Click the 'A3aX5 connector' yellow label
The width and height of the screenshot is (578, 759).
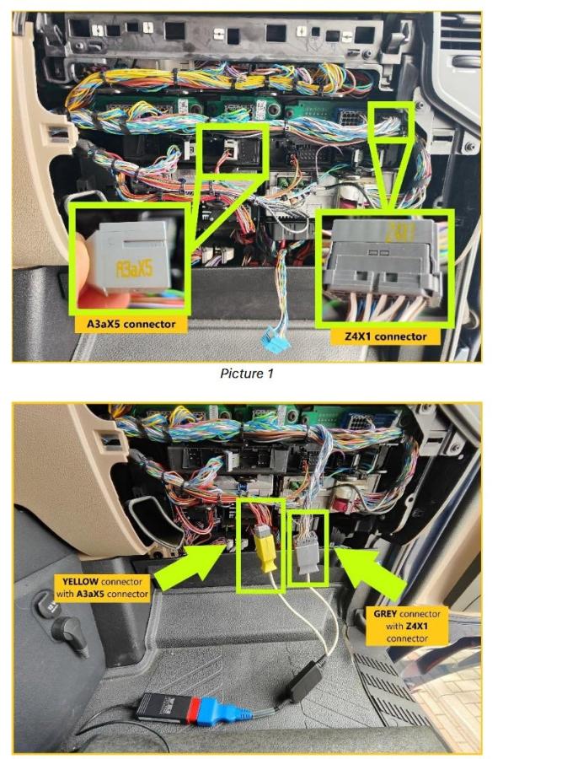[x=131, y=325]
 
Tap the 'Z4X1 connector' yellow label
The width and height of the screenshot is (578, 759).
[x=385, y=336]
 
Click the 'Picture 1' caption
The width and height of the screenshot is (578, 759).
[x=247, y=374]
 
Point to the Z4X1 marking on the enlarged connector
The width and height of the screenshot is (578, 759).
[x=401, y=232]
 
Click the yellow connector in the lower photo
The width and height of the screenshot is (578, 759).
[x=265, y=547]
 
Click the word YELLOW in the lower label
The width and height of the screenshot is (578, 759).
[x=81, y=581]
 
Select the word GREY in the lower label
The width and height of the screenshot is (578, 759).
[x=385, y=614]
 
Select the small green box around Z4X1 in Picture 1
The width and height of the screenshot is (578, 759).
[x=391, y=122]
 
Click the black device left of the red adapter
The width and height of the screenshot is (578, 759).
[x=162, y=708]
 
